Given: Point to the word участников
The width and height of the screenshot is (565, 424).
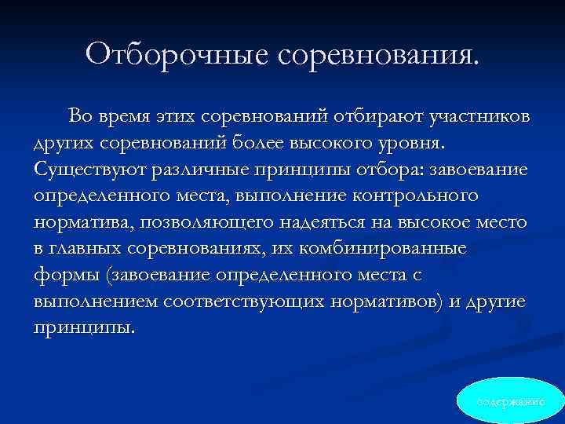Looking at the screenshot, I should [x=479, y=118].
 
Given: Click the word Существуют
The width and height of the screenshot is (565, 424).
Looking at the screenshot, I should [x=85, y=170].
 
